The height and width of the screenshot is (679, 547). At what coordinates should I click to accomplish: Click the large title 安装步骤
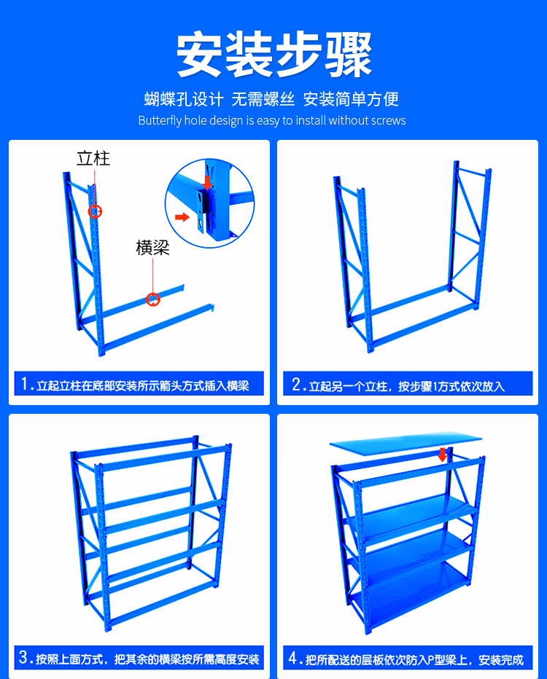coord(274,55)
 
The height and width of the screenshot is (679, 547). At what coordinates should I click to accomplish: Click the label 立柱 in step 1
coord(93,159)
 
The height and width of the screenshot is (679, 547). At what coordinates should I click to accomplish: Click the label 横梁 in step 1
coord(152,248)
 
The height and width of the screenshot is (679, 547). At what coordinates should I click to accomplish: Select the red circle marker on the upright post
coord(95,211)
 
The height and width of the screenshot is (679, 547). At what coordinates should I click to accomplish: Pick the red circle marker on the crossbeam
coord(152,299)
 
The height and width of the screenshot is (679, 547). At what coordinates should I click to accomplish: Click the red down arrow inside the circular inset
coord(208,182)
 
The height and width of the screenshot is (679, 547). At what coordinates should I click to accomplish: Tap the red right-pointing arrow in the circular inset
coord(182,216)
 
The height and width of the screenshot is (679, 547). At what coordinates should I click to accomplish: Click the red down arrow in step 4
coord(442,455)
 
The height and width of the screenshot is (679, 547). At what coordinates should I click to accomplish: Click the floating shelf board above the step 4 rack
coord(406,443)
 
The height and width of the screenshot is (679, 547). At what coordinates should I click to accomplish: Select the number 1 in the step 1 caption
coord(25,384)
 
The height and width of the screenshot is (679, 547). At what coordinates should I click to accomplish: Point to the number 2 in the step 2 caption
coord(296,384)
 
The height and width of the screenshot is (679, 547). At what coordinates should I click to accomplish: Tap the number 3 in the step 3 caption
coord(24,657)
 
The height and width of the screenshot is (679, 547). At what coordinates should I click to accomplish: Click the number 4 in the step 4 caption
coord(293,658)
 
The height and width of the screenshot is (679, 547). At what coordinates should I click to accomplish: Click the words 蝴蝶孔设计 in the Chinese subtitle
coord(184,99)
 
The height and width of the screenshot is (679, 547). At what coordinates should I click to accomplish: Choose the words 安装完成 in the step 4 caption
coord(501,660)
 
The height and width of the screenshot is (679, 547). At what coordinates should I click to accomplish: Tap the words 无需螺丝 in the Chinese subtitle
coord(263,99)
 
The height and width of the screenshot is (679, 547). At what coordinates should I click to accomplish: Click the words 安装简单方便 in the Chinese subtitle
coord(351,99)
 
